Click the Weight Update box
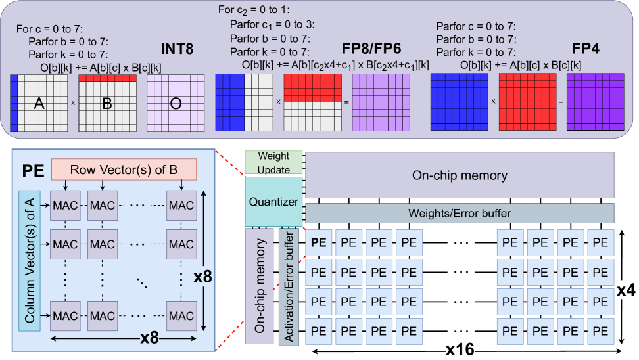273,163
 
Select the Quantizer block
273,202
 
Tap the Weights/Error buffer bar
460,213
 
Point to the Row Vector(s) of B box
124,170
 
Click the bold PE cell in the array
319,241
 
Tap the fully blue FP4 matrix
458,102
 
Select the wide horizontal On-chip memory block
460,175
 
